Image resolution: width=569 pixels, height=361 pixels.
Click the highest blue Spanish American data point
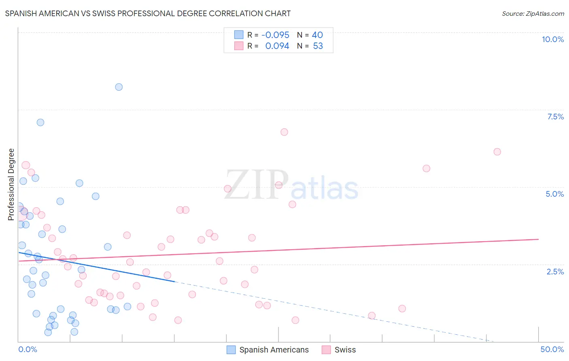[x=119, y=87]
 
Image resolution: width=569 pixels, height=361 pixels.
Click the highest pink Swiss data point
[x=284, y=132]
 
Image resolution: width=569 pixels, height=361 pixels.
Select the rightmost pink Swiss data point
[x=497, y=152]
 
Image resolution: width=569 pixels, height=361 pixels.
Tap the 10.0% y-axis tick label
[x=552, y=39]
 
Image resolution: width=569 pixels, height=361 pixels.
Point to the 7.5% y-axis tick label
[x=555, y=117]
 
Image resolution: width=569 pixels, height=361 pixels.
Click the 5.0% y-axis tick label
[x=554, y=194]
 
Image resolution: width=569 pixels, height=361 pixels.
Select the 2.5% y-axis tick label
[x=555, y=272]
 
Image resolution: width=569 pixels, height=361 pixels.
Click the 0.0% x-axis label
[x=28, y=349]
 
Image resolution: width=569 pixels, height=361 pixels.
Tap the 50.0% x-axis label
[x=552, y=349]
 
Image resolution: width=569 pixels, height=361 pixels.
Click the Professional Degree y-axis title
[x=11, y=185]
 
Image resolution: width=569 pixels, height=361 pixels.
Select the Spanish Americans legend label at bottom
[x=274, y=350]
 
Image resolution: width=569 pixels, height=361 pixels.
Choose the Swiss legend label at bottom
[x=345, y=350]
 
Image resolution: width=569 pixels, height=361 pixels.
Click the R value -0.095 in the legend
[x=275, y=35]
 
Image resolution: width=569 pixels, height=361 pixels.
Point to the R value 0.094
[x=277, y=46]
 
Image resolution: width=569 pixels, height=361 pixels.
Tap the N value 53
[x=318, y=46]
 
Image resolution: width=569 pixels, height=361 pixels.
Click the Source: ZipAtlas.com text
[x=533, y=14]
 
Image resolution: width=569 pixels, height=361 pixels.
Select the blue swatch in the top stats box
[x=239, y=35]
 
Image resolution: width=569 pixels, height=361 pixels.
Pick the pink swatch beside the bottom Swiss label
[x=326, y=350]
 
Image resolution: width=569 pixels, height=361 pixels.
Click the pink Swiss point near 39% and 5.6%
[x=426, y=168]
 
